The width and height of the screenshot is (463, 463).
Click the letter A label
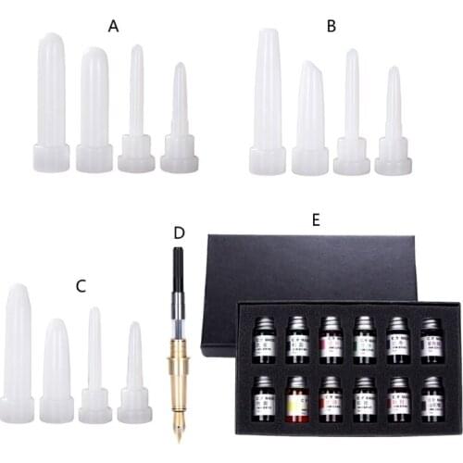pyautogui.click(x=114, y=26)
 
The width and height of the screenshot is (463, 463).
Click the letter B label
pyautogui.click(x=331, y=26)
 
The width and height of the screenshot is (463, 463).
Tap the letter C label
pyautogui.click(x=81, y=286)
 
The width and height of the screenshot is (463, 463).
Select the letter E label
pyautogui.click(x=316, y=220)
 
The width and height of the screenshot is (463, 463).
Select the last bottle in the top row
pyautogui.click(x=431, y=341)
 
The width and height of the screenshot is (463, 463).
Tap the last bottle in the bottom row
pyautogui.click(x=432, y=399)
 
